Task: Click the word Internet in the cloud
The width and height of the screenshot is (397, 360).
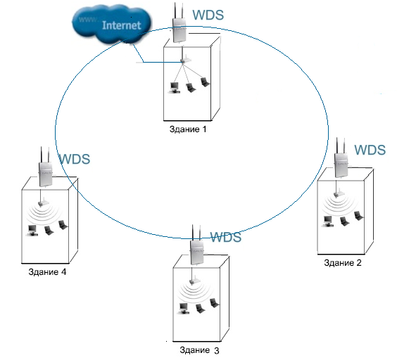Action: point(121,25)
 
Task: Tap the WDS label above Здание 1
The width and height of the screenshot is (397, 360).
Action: point(208,15)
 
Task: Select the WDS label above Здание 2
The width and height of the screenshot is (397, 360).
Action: point(370,150)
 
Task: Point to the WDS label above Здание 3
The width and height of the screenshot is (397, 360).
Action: point(226,237)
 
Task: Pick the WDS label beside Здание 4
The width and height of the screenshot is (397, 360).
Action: point(75,159)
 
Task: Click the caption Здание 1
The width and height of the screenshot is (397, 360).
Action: point(188,129)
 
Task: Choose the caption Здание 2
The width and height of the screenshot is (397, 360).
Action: point(343,263)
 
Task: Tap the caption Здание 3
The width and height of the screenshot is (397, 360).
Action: point(199,350)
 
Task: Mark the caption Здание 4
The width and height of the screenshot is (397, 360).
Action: point(47,272)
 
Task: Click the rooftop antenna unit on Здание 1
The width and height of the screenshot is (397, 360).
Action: point(179,23)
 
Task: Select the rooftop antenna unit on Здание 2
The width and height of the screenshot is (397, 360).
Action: point(341,158)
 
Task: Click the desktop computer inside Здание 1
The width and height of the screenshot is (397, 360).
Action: point(174,88)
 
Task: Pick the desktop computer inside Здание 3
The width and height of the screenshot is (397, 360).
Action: point(183,309)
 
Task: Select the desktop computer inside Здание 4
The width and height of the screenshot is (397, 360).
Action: point(32,230)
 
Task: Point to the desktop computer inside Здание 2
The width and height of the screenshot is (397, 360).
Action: point(327,221)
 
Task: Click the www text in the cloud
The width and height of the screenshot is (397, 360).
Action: point(87,19)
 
